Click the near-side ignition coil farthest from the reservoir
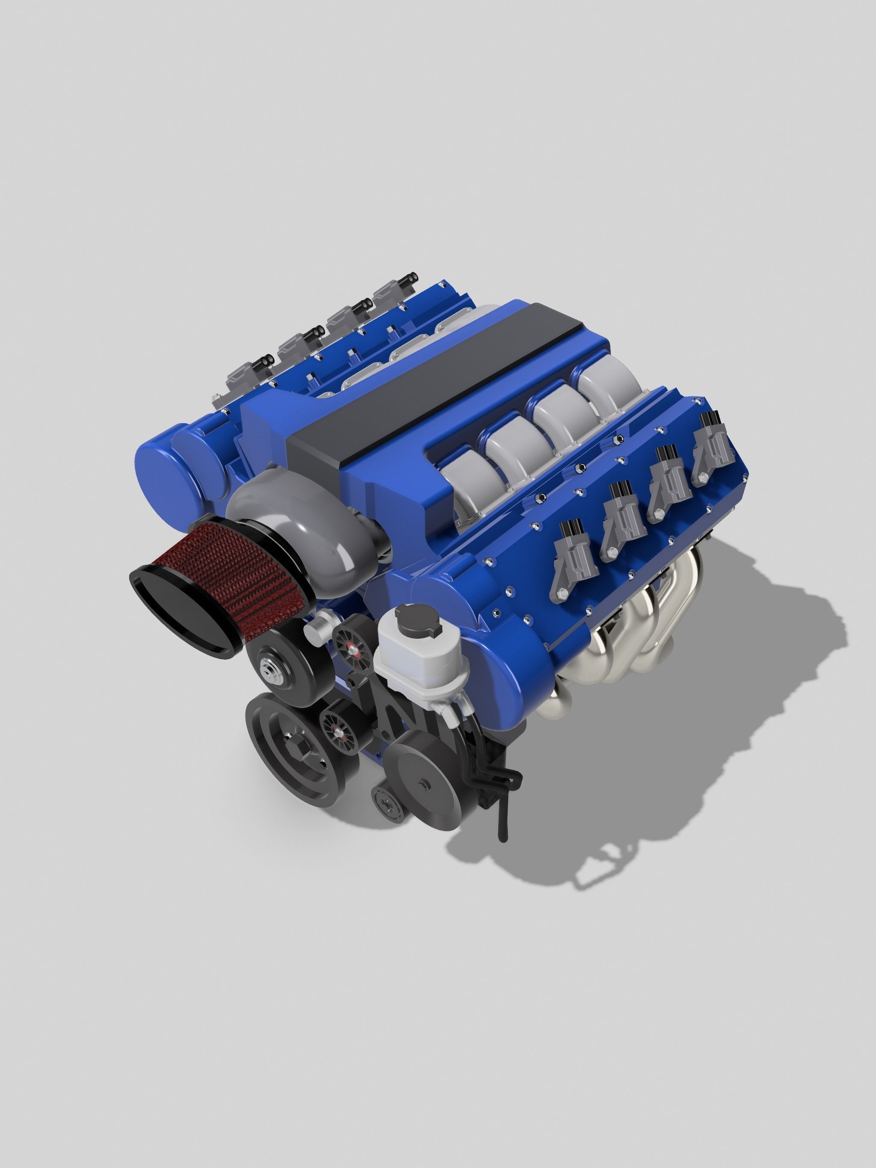[713, 449]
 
